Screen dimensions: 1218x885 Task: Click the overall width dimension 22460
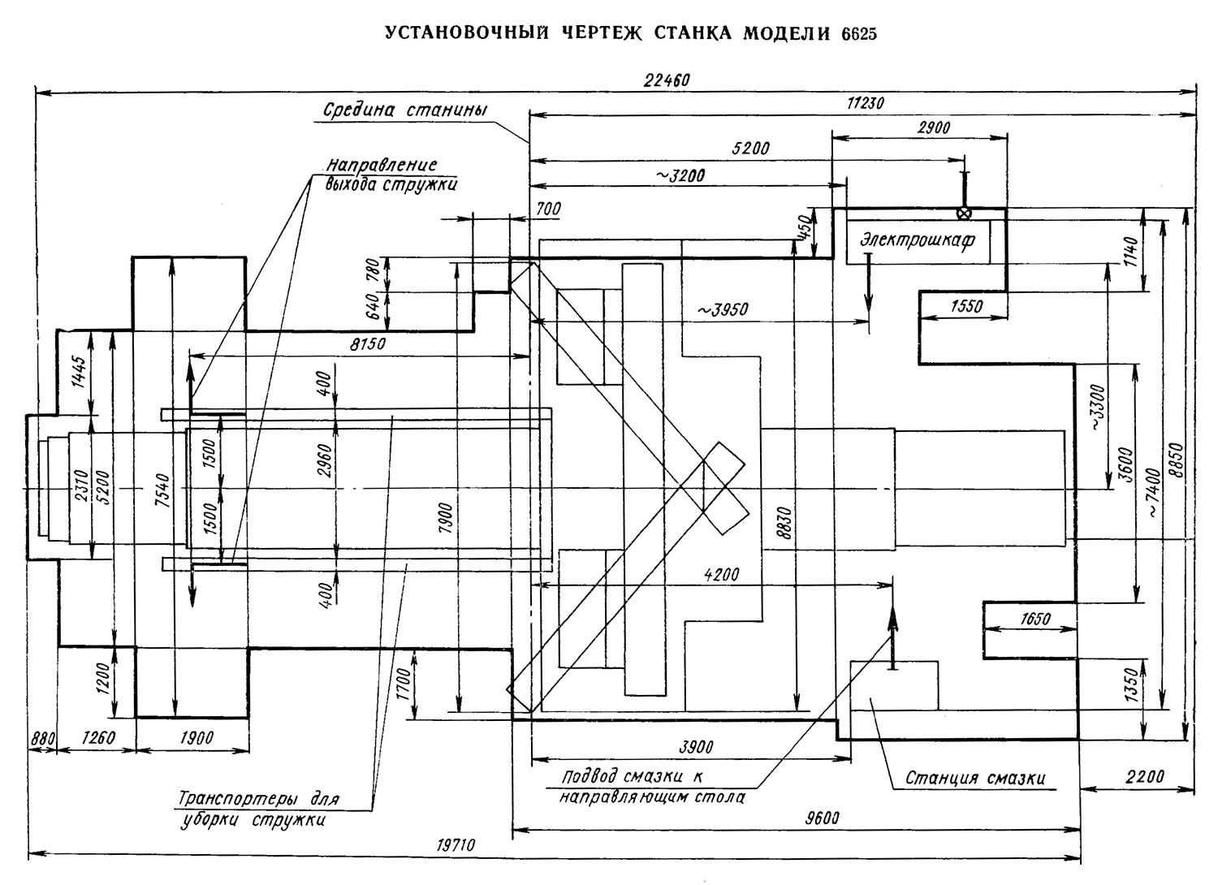click(x=667, y=80)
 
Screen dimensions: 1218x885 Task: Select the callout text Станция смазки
click(x=975, y=778)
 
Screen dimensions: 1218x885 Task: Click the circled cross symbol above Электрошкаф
click(x=964, y=213)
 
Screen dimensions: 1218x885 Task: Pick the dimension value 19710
click(x=456, y=845)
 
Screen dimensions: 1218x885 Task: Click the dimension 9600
click(x=822, y=818)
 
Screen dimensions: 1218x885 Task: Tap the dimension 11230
click(x=865, y=103)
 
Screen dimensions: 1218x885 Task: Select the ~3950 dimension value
click(x=723, y=310)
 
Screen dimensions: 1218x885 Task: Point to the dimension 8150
click(x=368, y=344)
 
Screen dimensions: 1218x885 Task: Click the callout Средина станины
click(x=405, y=110)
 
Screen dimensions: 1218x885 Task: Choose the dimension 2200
click(x=1145, y=776)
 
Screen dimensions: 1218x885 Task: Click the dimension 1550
click(x=967, y=307)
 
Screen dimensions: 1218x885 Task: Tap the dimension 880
click(x=42, y=740)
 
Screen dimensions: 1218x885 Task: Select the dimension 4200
click(x=721, y=575)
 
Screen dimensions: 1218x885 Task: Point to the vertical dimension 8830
click(x=784, y=523)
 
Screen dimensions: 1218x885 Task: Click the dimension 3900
click(x=696, y=748)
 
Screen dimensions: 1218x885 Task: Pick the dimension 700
click(x=548, y=209)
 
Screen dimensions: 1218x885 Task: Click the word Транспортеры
click(x=239, y=799)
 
